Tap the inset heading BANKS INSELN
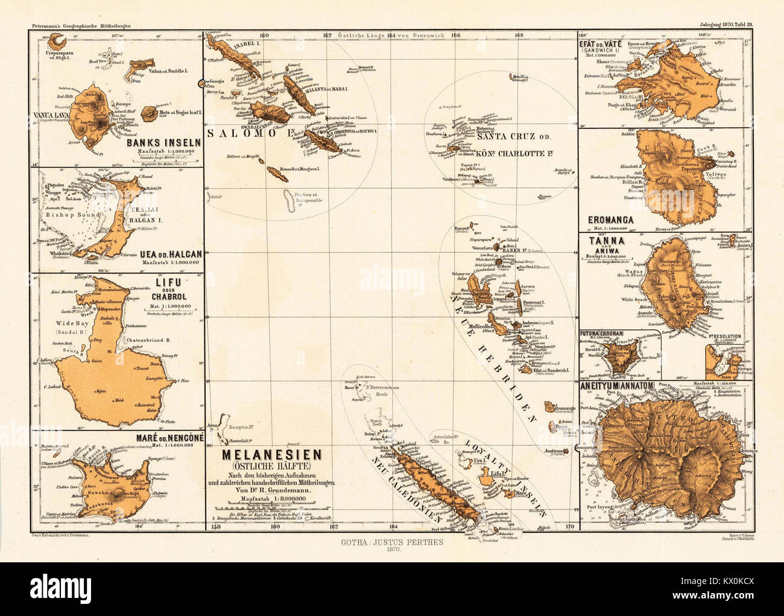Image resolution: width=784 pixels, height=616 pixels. click(159, 143)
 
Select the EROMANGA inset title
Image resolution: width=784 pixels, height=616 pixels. click(611, 220)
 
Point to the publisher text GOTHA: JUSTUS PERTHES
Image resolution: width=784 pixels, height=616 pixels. click(392, 542)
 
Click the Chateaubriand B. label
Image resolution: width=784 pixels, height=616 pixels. click(148, 340)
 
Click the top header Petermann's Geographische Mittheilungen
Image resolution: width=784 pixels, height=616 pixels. click(80, 25)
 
